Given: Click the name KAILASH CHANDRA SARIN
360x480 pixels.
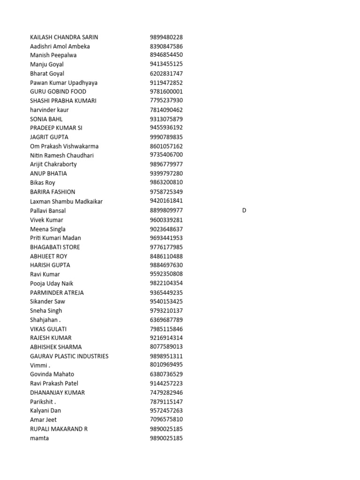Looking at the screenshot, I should point(64,37).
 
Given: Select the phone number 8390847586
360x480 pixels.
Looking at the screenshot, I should point(166,46).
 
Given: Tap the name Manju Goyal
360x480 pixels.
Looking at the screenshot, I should point(47,64).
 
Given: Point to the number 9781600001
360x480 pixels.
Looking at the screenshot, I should point(166,91).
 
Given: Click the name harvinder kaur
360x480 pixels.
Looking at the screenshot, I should point(49,110).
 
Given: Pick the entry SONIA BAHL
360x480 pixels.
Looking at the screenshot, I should point(46,119).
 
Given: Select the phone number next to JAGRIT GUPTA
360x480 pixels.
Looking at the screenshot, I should point(166,137).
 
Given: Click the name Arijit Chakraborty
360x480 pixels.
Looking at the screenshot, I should point(53,164).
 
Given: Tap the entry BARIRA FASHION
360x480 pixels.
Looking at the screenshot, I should point(52,192).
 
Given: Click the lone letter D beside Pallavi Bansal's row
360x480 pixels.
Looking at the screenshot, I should point(244,210).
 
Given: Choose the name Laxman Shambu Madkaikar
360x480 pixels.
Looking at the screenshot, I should point(66,201).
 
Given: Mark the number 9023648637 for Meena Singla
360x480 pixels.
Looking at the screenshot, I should point(166,229).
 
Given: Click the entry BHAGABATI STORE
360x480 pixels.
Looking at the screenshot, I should point(55,247).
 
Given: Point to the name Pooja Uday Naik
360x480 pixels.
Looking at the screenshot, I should point(52,283).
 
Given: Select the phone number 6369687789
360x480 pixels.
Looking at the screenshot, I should point(166,320).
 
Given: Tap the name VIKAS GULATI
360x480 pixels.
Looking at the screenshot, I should point(48,329).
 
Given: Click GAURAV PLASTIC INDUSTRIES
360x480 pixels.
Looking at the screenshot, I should point(69,356).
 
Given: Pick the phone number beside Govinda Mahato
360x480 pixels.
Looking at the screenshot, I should point(166,374).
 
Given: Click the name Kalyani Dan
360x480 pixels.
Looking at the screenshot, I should point(45,411).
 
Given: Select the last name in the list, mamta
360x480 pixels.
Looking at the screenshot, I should point(39,438).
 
